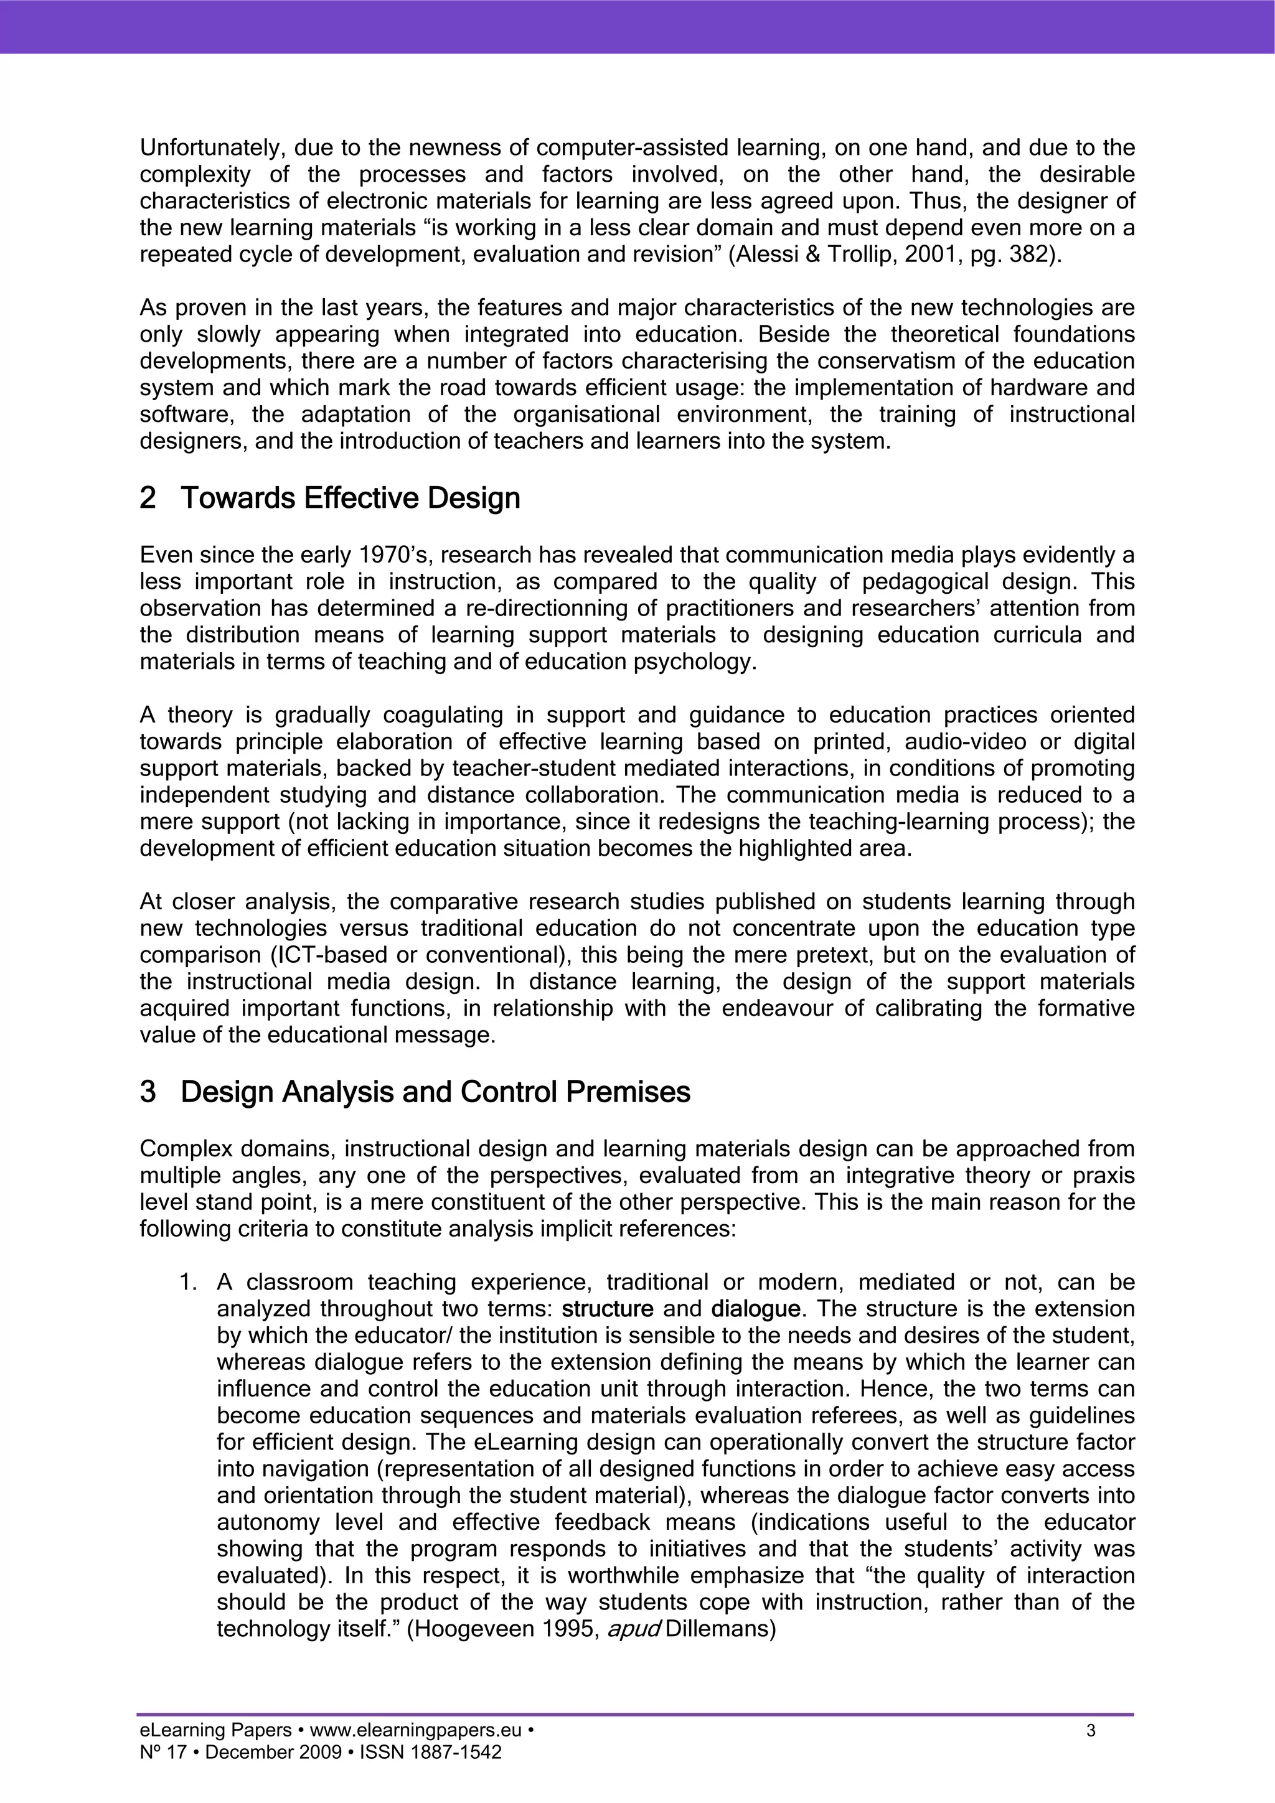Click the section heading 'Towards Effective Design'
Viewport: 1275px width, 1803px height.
[x=351, y=498]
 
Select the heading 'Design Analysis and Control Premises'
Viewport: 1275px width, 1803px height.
[x=435, y=1092]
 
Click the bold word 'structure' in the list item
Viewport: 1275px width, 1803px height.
[x=608, y=1309]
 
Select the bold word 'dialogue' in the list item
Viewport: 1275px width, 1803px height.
[x=755, y=1309]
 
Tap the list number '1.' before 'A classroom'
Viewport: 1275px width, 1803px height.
[x=189, y=1282]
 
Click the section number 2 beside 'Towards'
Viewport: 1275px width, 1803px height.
[x=147, y=498]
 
